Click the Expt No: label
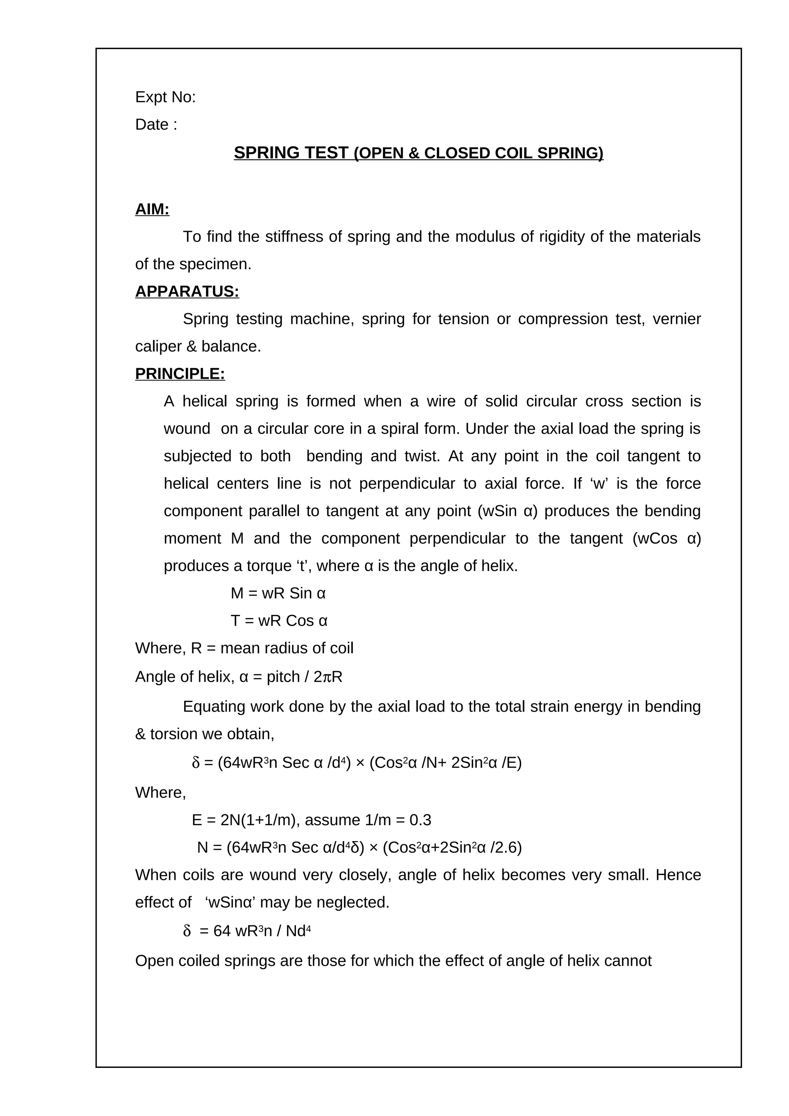coord(165,97)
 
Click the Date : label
coord(156,125)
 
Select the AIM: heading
coord(152,209)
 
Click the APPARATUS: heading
coord(187,292)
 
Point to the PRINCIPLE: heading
coord(180,374)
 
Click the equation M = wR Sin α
coord(278,593)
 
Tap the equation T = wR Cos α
coord(279,621)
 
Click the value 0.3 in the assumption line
coord(420,821)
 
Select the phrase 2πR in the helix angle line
coord(328,677)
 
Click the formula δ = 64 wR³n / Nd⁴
coord(247,931)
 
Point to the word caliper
coord(158,347)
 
